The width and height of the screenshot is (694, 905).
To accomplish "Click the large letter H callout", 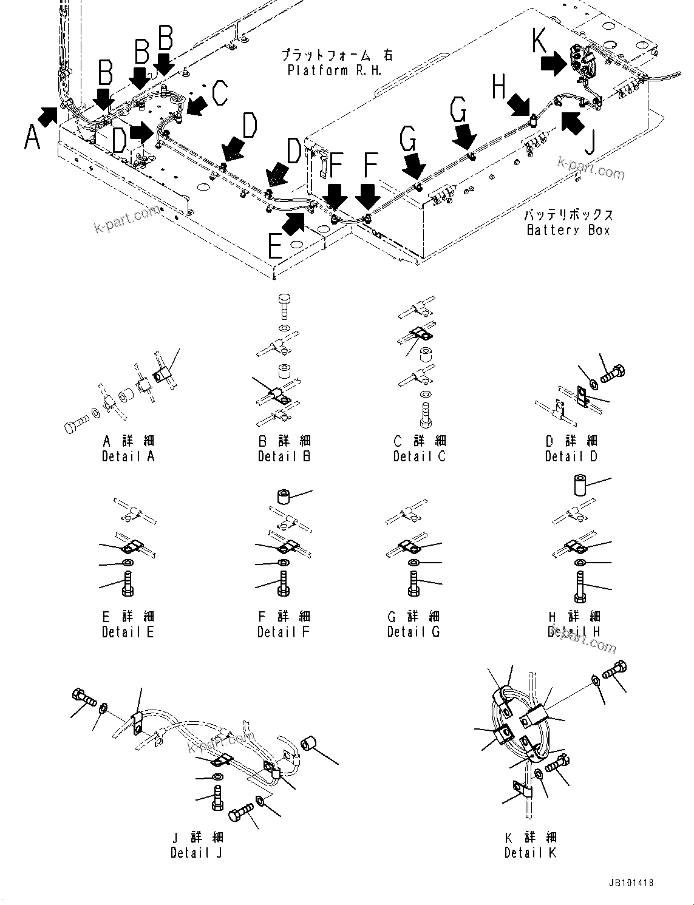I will [498, 87].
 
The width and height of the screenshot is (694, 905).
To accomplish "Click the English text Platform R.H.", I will [335, 70].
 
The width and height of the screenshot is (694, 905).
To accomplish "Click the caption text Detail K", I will [530, 852].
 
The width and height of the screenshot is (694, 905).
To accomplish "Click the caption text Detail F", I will [283, 632].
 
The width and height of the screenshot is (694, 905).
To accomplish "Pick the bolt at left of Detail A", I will [76, 423].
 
